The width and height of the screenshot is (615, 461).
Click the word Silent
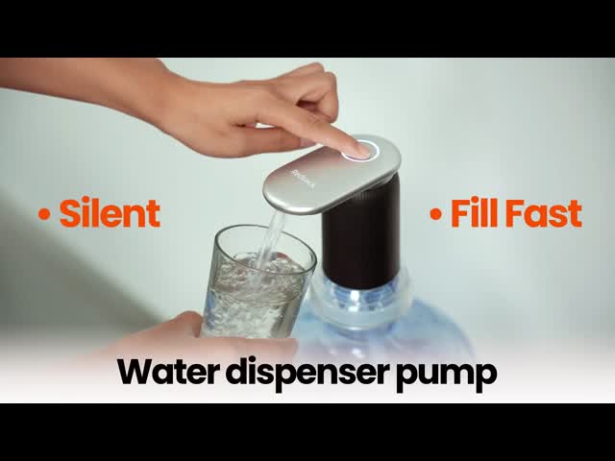pos(110,213)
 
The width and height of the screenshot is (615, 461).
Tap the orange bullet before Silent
pos(44,214)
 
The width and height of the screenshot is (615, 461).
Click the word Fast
pos(546,213)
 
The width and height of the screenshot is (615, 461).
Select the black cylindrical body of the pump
pos(360,235)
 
